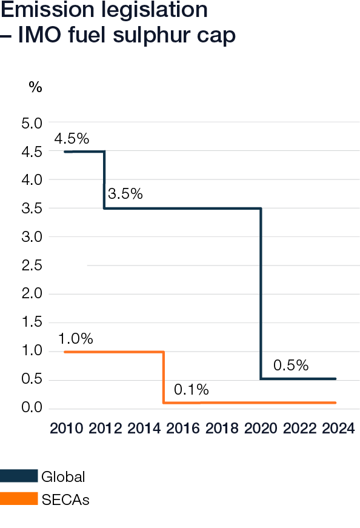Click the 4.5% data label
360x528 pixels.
71,139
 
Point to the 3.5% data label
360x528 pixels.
125,195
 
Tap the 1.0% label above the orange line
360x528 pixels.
76,339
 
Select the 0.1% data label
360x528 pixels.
191,390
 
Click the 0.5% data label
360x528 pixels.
291,366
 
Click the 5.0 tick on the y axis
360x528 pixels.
32,123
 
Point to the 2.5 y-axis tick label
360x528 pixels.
32,266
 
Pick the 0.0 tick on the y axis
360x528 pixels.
32,408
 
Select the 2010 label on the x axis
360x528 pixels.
66,429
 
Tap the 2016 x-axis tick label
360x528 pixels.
182,429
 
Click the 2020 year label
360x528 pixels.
261,429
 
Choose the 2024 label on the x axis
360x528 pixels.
338,429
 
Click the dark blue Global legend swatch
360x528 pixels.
19,476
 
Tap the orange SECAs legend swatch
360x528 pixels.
19,500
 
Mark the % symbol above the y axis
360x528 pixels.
35,87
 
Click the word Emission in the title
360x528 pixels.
49,10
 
